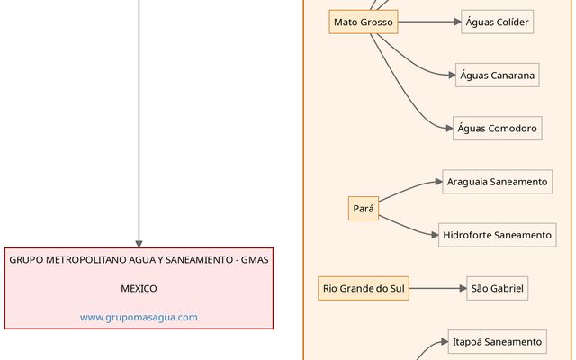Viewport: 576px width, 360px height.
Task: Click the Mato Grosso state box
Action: coord(364,22)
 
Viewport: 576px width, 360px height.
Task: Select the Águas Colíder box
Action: coord(497,22)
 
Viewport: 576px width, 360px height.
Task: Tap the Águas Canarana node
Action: coord(498,75)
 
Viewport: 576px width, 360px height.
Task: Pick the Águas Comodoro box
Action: coord(497,128)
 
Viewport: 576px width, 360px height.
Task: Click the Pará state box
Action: coord(364,209)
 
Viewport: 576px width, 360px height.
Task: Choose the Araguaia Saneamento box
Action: coord(497,182)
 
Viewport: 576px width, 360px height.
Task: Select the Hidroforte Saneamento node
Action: coord(497,235)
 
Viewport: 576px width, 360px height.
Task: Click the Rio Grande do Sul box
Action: coord(364,289)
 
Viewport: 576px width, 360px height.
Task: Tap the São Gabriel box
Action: coord(497,289)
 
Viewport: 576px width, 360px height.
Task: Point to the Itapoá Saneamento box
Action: coord(497,342)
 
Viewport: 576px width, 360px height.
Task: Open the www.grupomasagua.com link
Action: coord(139,317)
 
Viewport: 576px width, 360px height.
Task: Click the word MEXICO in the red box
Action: coord(139,289)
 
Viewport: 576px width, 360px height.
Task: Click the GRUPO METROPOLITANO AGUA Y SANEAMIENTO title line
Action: coord(139,260)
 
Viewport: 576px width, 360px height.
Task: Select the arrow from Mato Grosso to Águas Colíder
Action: coord(429,22)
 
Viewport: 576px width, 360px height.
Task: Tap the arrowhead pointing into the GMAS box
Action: coord(139,242)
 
